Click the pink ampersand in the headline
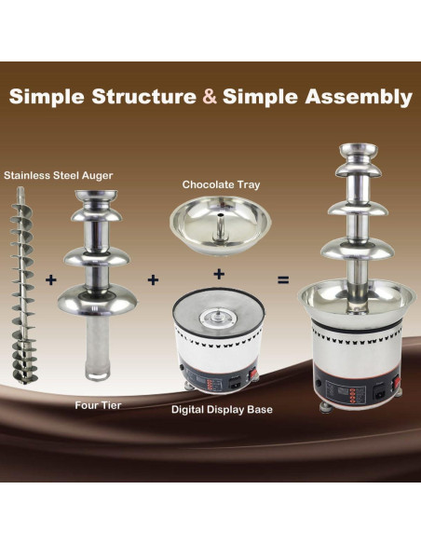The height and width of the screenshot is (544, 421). (x=210, y=96)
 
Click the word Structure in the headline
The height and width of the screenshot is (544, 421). (x=144, y=96)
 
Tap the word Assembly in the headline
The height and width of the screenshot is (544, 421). (x=359, y=97)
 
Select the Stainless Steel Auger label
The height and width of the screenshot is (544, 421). (x=59, y=175)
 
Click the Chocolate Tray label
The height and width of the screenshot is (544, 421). (x=221, y=184)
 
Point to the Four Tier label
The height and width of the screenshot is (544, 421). (x=98, y=405)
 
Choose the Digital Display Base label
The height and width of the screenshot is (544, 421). (x=222, y=409)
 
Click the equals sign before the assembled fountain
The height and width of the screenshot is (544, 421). (x=283, y=279)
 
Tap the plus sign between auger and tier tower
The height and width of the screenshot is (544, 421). (x=51, y=279)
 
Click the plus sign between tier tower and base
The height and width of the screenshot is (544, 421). (x=153, y=279)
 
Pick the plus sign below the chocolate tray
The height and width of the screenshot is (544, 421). (x=219, y=274)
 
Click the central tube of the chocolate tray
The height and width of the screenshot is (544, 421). (x=220, y=226)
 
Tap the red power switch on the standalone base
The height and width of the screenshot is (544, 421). (x=254, y=374)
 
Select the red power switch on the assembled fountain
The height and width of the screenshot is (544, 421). (x=396, y=383)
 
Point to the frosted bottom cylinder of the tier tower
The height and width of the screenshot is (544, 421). (x=98, y=347)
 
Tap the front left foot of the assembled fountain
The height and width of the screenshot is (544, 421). (x=326, y=407)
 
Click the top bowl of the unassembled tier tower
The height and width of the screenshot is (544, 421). (x=97, y=198)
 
